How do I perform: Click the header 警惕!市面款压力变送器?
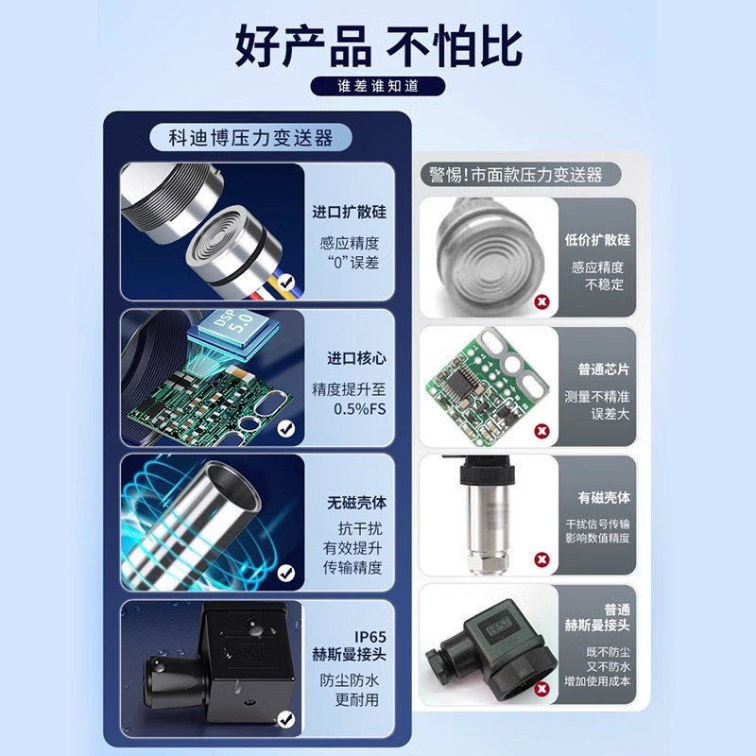(515, 175)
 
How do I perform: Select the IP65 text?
(369, 635)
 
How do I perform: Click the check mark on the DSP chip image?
(286, 428)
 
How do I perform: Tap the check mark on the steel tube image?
(286, 574)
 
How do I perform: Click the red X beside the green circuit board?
(541, 430)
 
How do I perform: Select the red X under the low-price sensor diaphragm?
(541, 302)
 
